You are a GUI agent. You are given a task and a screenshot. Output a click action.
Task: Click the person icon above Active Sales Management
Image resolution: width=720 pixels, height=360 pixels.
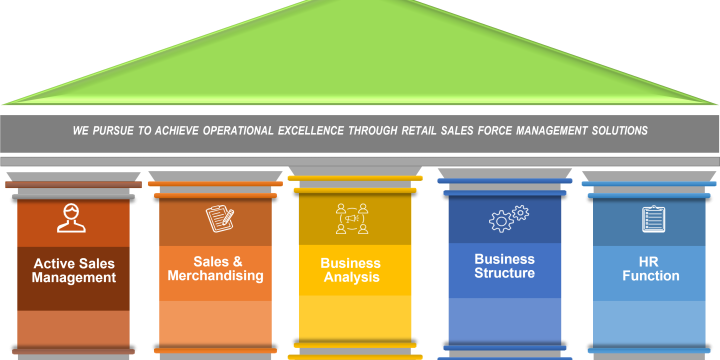point(71,218)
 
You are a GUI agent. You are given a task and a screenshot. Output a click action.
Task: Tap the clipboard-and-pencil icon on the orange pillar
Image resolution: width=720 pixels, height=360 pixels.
point(219,218)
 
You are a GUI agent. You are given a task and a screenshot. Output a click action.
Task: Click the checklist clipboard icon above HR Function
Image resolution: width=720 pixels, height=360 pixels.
point(653,218)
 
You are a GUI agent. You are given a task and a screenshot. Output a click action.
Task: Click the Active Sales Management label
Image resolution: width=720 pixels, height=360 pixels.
point(73,271)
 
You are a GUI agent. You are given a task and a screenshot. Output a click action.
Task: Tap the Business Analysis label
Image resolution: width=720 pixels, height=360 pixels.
point(351,271)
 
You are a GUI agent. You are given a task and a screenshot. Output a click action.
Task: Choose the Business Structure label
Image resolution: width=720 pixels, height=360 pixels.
point(504,266)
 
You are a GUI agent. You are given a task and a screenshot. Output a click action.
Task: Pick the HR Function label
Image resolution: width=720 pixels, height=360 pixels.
point(651,269)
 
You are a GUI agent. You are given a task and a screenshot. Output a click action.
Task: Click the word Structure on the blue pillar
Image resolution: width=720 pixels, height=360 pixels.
point(504,273)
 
